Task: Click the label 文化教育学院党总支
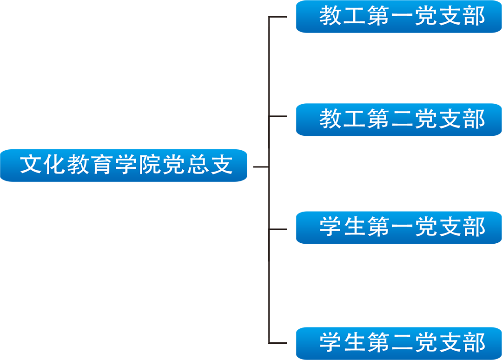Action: (x=126, y=165)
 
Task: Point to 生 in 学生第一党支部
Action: (x=354, y=227)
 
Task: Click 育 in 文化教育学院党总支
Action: (x=102, y=165)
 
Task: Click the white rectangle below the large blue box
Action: (x=86, y=346)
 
